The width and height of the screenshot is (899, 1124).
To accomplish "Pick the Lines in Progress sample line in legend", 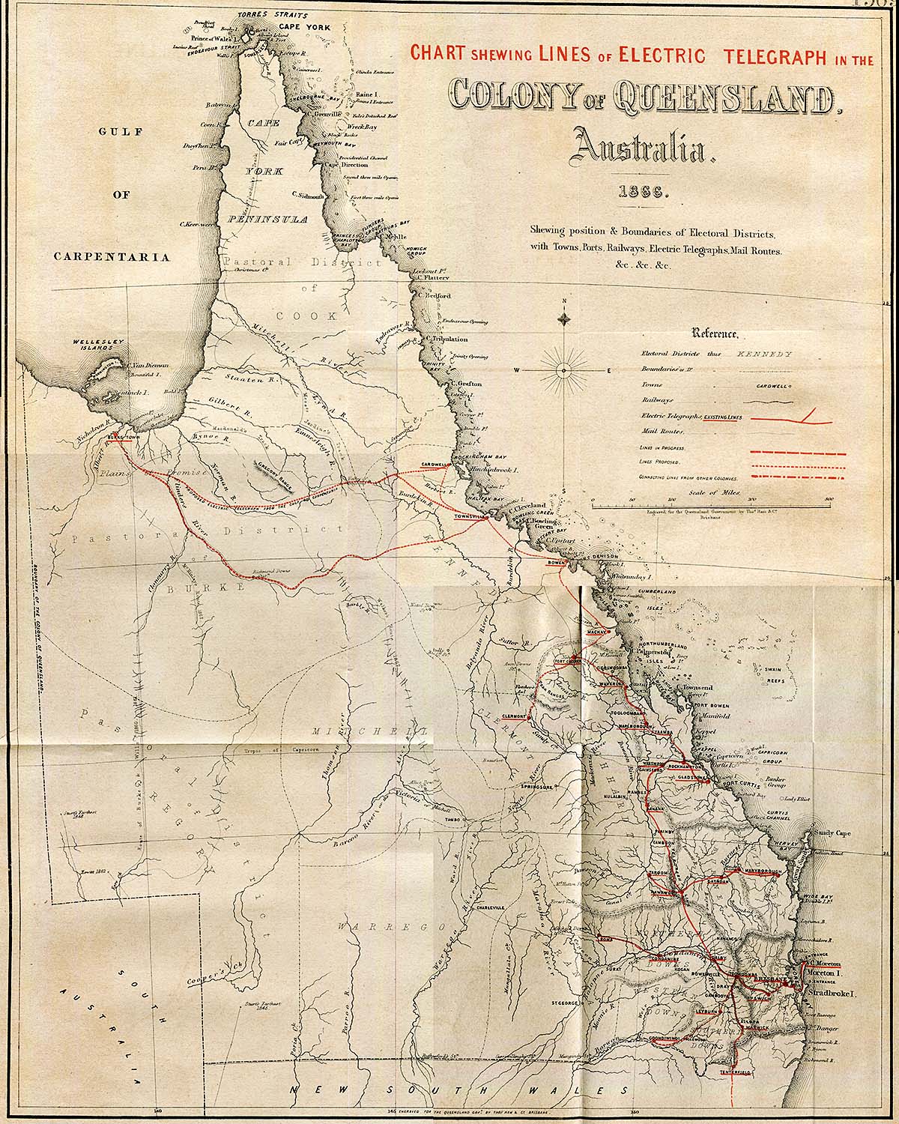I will (x=797, y=453).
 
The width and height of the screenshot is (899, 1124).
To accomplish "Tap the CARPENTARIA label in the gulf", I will (x=112, y=256).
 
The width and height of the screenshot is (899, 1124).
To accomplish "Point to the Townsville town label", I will (x=473, y=518).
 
